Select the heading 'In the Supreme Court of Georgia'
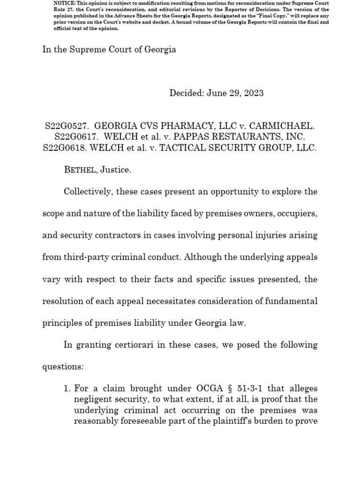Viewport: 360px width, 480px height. (109, 49)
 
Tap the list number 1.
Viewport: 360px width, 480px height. (66, 389)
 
